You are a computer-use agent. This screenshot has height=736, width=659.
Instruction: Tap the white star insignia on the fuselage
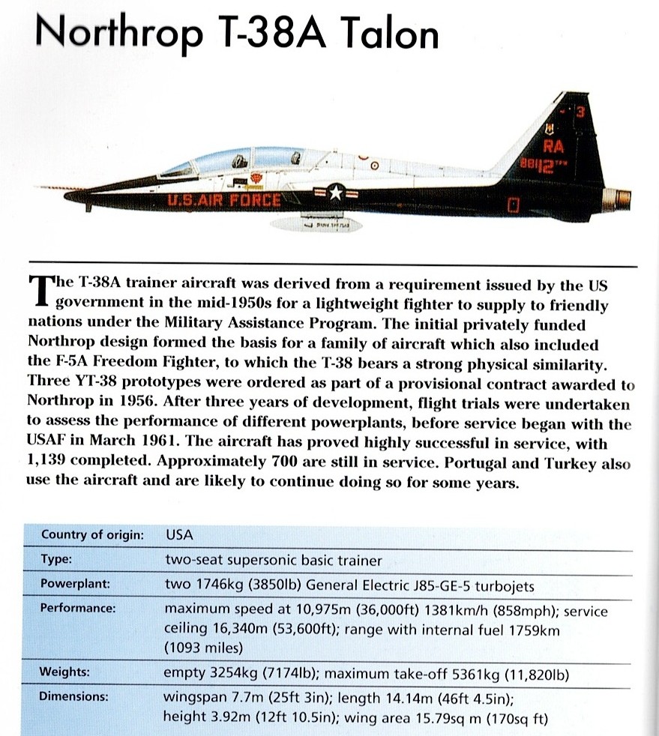(x=335, y=193)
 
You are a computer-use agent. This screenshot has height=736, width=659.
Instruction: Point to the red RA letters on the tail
(x=555, y=148)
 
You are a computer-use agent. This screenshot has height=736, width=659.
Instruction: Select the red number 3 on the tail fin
(x=579, y=111)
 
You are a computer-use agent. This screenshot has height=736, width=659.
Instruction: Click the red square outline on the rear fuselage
(x=514, y=204)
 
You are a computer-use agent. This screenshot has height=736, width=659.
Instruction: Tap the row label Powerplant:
(x=75, y=584)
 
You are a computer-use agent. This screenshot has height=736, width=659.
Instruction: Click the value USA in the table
(x=178, y=535)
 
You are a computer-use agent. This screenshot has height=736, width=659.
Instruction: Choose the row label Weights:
(x=65, y=672)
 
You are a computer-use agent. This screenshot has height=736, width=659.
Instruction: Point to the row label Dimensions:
(x=75, y=697)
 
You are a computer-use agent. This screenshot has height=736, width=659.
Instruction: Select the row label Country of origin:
(x=92, y=535)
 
